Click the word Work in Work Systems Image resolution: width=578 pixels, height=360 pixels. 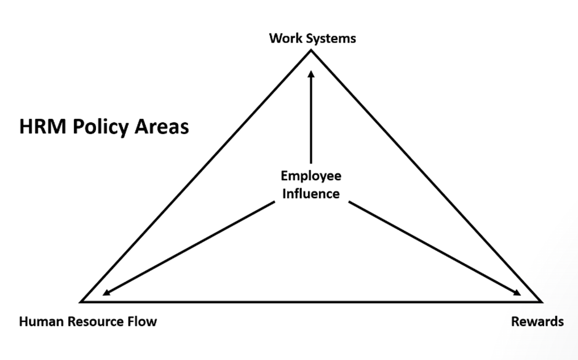tap(284, 38)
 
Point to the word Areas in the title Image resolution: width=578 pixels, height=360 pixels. tap(160, 127)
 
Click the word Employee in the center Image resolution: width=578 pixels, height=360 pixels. tap(311, 176)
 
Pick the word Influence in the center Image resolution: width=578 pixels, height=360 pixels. tap(311, 194)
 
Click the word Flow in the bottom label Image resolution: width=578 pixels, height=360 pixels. tap(144, 321)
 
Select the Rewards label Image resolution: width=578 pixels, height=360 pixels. tap(537, 321)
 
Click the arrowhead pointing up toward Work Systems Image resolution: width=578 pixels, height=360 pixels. tap(311, 74)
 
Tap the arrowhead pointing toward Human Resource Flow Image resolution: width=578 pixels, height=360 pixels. tap(107, 292)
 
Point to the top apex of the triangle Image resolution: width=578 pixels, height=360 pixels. tap(311, 50)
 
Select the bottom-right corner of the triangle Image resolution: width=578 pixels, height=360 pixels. tap(540, 302)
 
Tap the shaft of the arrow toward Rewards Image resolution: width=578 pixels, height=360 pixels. tap(430, 246)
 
